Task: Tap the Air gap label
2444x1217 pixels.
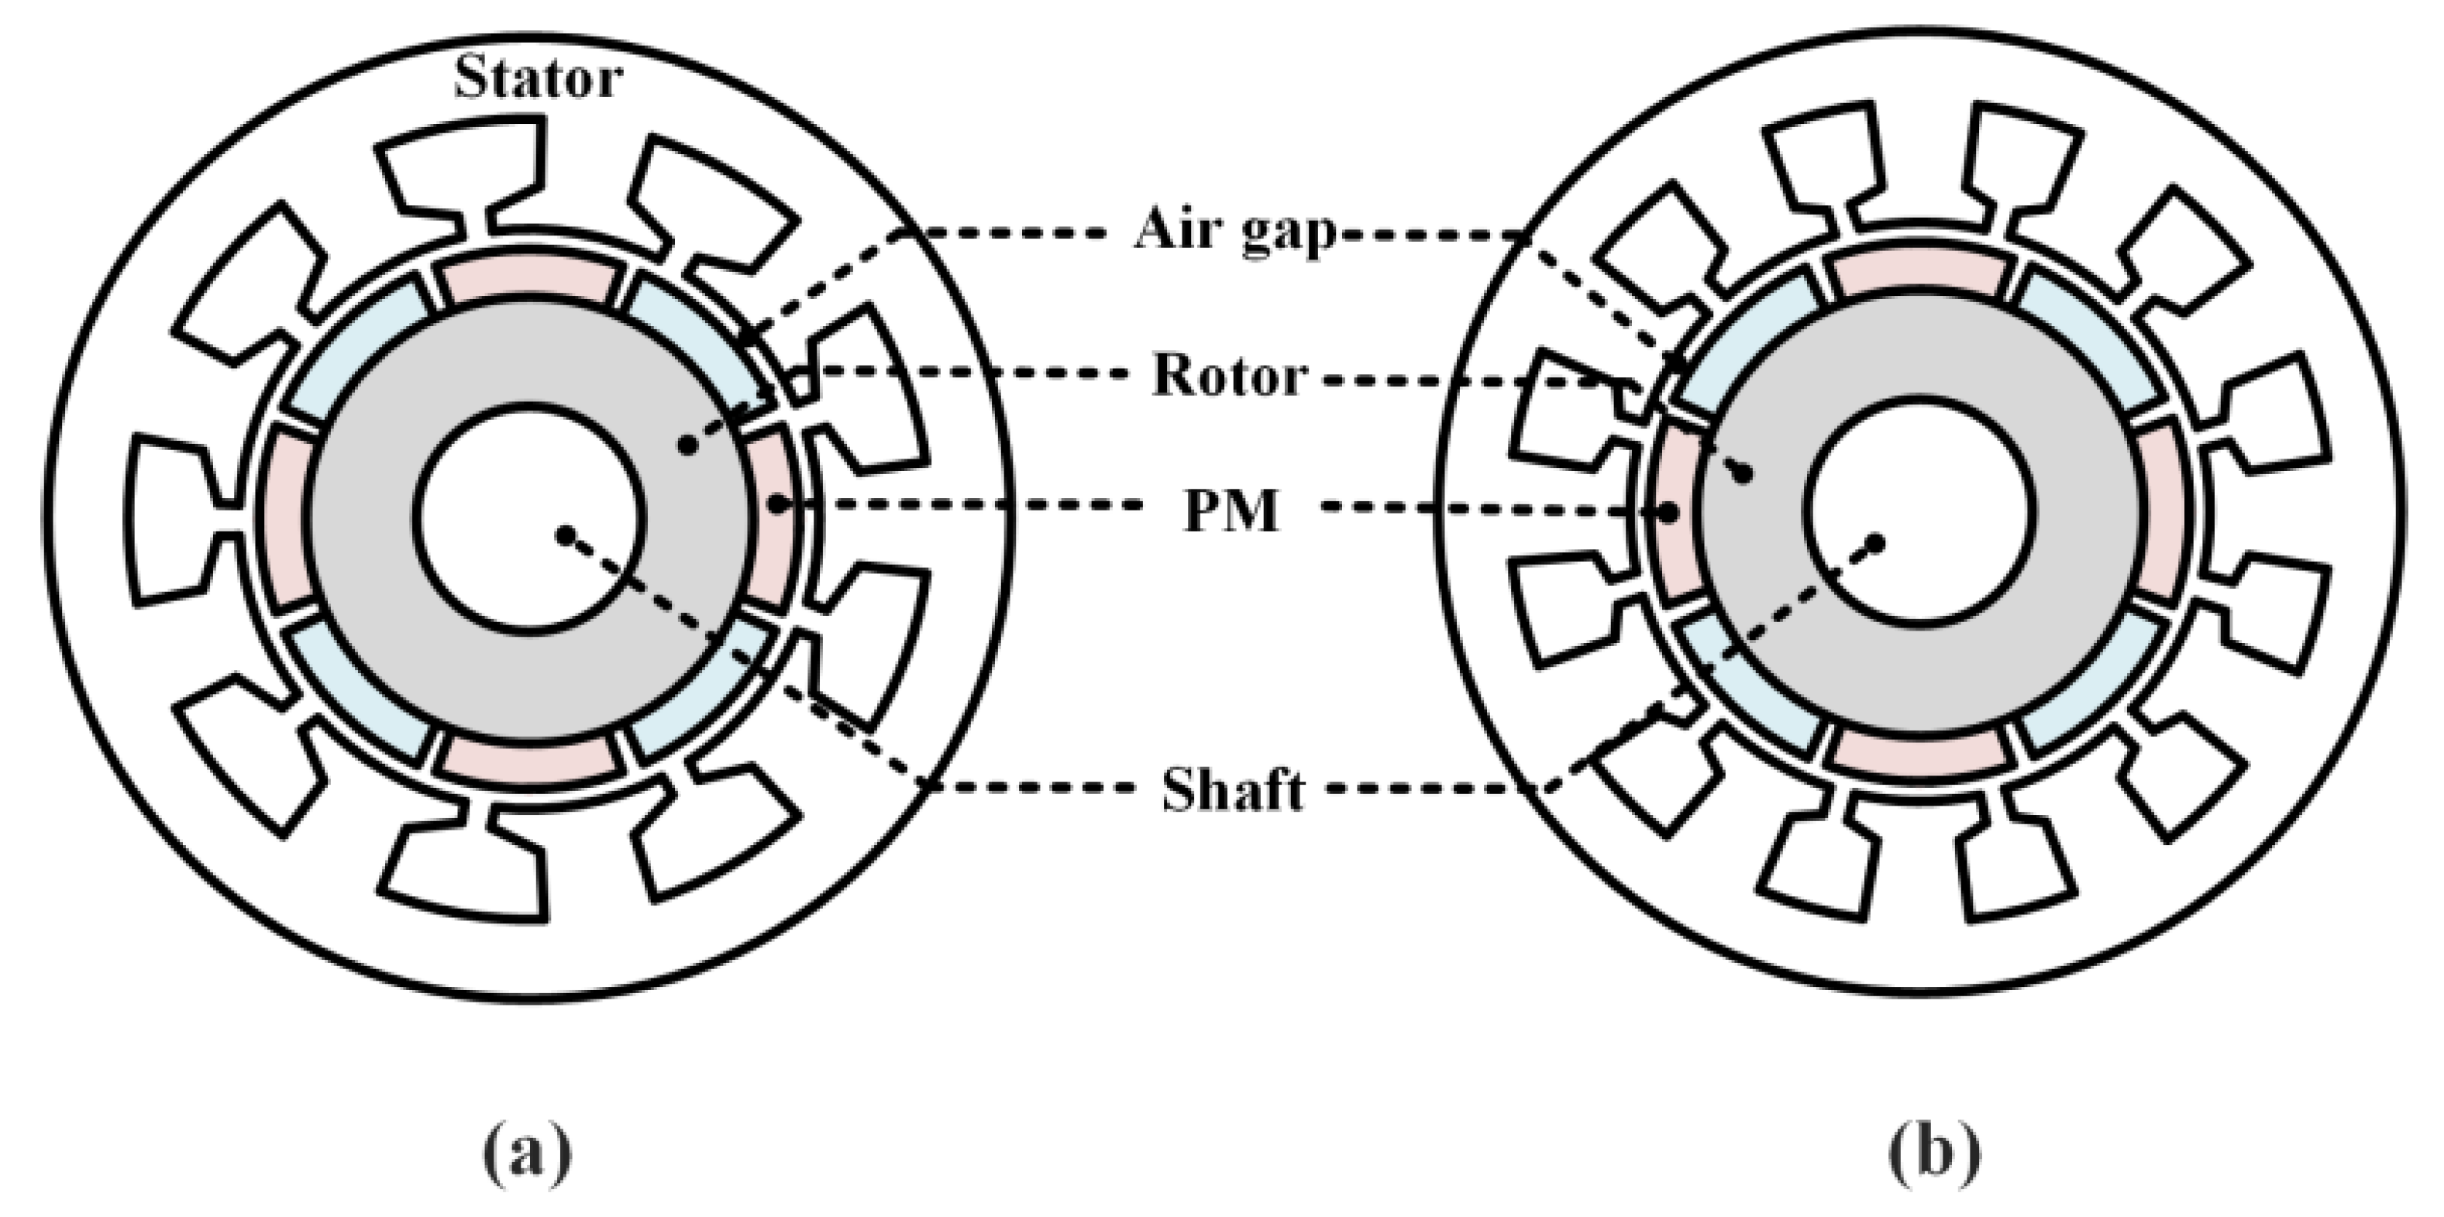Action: tap(1234, 231)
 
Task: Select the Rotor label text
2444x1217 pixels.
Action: tap(1231, 376)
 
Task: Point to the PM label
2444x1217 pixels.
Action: tap(1231, 511)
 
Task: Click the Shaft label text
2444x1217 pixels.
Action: tap(1232, 790)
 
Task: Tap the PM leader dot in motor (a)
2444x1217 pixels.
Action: tap(777, 506)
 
